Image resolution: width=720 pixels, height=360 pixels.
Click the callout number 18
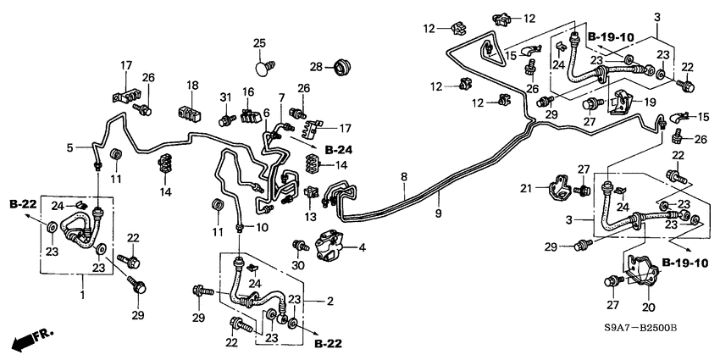click(x=193, y=86)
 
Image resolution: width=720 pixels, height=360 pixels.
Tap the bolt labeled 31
click(x=226, y=121)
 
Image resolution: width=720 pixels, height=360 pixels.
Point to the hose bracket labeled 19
click(x=621, y=98)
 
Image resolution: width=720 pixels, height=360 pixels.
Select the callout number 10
click(x=263, y=228)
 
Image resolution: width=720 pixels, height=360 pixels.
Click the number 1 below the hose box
click(x=83, y=297)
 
